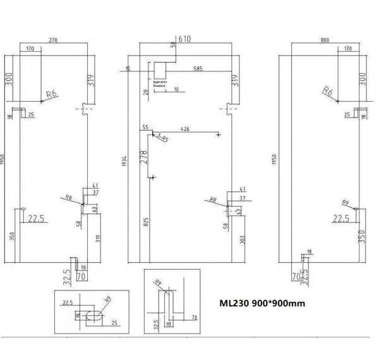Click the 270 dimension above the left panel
[x=53, y=40]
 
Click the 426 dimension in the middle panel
[x=185, y=129]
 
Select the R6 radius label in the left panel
[x=52, y=94]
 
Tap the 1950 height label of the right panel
[x=274, y=161]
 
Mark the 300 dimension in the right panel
[x=362, y=79]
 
